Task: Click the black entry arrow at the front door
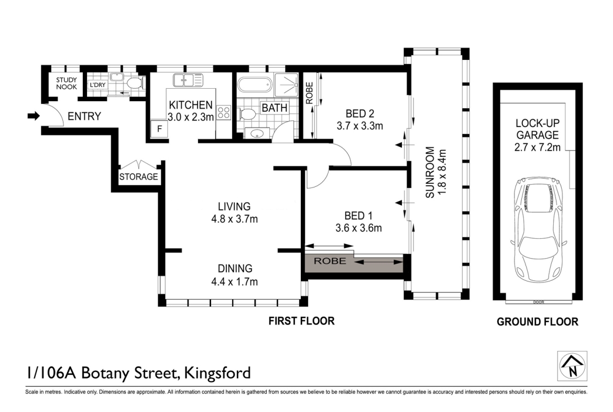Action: coord(34,116)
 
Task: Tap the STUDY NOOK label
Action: coord(67,83)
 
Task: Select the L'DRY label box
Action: coord(97,85)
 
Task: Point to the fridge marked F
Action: coord(159,129)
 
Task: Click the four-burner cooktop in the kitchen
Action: coord(224,113)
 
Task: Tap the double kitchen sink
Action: coord(188,80)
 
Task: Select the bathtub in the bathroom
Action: coord(255,85)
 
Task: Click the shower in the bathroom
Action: coord(287,84)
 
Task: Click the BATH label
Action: coord(275,108)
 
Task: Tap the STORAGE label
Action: coord(139,177)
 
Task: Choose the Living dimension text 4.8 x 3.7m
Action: coord(235,219)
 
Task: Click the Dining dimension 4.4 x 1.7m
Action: coord(235,282)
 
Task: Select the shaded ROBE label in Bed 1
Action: coord(330,261)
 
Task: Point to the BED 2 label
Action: coord(359,113)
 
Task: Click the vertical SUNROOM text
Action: coord(430,172)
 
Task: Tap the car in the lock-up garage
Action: coord(539,229)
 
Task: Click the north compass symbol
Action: coord(572,366)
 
